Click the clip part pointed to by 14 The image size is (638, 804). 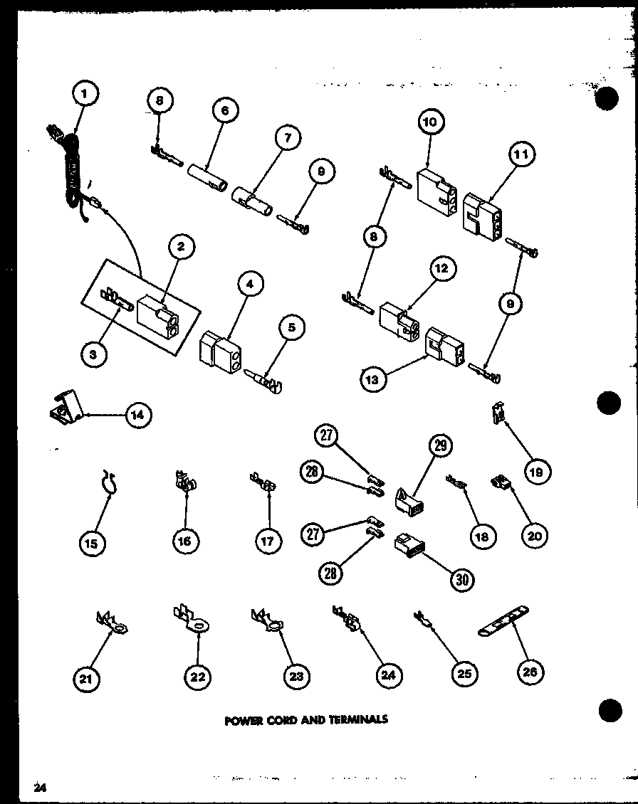(x=68, y=409)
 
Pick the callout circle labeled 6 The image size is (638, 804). (x=225, y=111)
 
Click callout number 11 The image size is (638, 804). (x=522, y=154)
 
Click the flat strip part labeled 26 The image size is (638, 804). (x=505, y=624)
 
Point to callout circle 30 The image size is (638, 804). (x=462, y=578)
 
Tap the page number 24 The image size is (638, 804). (x=38, y=787)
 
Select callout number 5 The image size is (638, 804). (x=292, y=329)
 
